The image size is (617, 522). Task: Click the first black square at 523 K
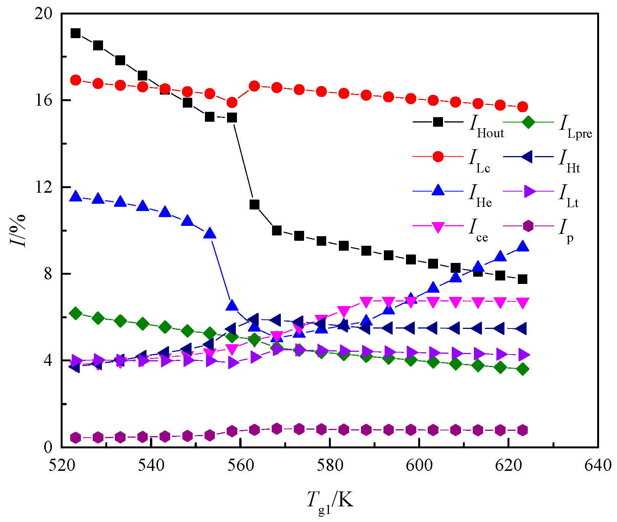click(x=76, y=33)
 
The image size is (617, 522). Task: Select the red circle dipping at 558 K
click(x=232, y=102)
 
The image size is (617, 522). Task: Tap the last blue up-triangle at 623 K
click(x=523, y=246)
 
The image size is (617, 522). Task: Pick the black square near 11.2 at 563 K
click(x=255, y=205)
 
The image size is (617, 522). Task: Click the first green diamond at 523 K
click(x=76, y=313)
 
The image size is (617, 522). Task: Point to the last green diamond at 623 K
click(x=523, y=369)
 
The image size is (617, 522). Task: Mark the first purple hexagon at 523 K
click(x=76, y=438)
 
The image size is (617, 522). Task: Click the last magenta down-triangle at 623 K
click(x=523, y=303)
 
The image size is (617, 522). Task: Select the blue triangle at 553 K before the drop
click(x=209, y=234)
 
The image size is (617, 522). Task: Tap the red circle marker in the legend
click(x=438, y=156)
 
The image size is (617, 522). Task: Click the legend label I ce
click(x=478, y=230)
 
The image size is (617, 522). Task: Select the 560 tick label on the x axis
click(x=241, y=466)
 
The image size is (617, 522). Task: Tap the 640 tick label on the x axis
click(x=598, y=466)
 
